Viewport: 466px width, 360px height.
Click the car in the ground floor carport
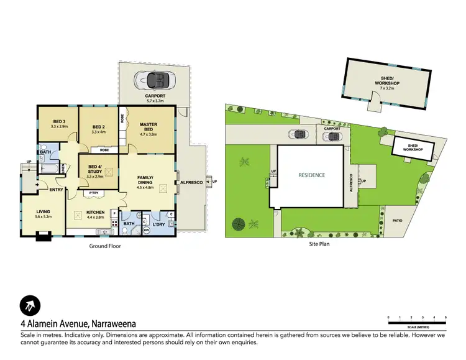pos(155,80)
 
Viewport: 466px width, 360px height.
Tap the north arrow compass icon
pos(29,305)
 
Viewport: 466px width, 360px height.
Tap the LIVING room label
pos(42,212)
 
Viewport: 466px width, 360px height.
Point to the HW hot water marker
pos(147,231)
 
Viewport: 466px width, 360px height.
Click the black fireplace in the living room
pos(43,236)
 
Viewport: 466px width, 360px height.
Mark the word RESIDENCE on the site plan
pos(311,175)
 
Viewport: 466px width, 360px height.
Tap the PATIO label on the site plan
pos(398,219)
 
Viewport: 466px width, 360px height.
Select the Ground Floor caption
pos(105,246)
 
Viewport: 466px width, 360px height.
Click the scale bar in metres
pos(417,321)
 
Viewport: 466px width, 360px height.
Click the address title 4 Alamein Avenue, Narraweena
pos(78,323)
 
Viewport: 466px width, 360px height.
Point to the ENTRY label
pos(55,190)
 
